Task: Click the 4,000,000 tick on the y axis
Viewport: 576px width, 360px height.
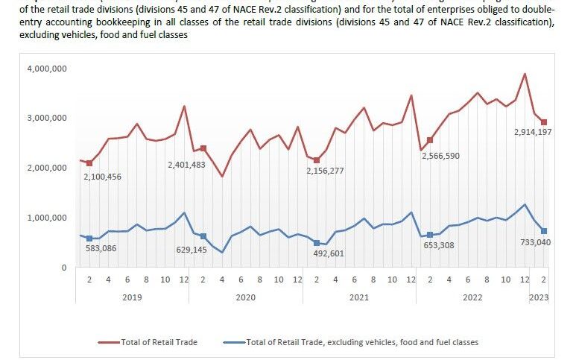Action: pyautogui.click(x=48, y=69)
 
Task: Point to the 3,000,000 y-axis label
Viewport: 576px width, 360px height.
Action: pyautogui.click(x=48, y=118)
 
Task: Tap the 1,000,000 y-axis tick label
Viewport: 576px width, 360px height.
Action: pyautogui.click(x=48, y=218)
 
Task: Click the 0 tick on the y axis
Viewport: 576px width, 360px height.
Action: pyautogui.click(x=64, y=267)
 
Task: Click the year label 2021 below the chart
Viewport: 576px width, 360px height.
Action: pyautogui.click(x=359, y=297)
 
